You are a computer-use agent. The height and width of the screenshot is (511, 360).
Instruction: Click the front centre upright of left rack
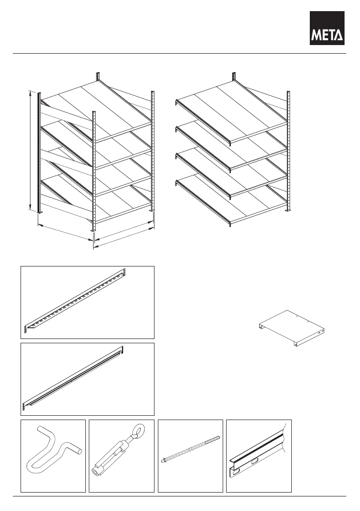(94, 172)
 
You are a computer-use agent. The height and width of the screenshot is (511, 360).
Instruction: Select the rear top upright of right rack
(234, 77)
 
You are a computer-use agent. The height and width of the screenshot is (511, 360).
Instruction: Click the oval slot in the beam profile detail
(255, 461)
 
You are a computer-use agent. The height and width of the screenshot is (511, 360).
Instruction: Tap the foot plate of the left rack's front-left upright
(39, 213)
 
